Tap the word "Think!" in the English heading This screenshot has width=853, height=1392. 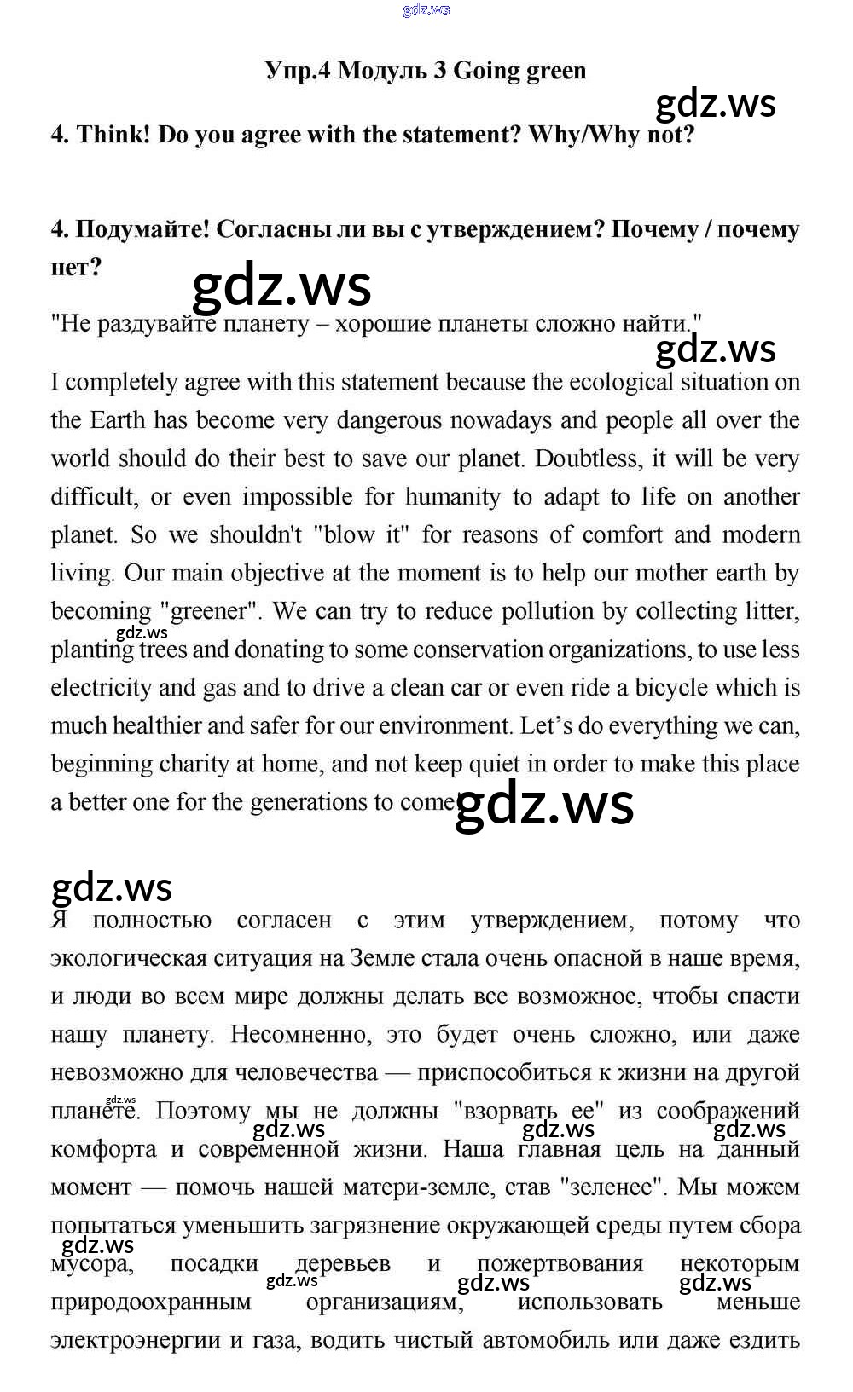113,135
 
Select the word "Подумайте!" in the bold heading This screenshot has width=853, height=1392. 142,229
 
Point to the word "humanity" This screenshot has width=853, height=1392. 452,497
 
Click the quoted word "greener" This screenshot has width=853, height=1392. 209,611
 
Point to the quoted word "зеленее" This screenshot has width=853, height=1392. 611,1187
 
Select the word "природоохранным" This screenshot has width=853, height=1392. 151,1302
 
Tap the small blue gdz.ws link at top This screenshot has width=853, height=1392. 426,10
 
